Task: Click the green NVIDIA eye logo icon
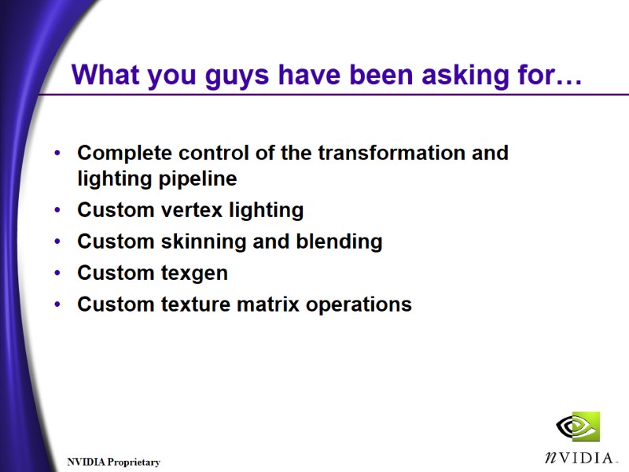tap(578, 427)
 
